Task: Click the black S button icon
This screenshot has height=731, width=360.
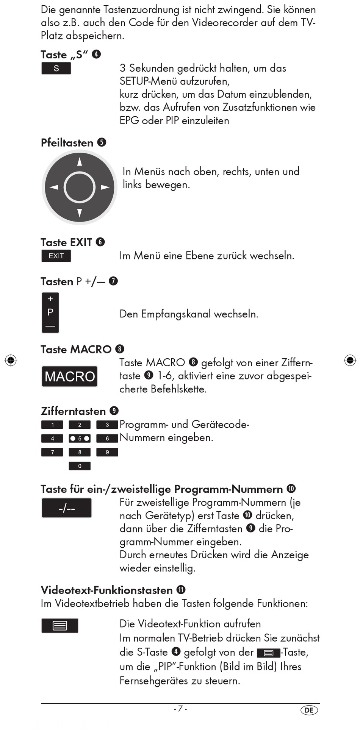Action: click(x=56, y=69)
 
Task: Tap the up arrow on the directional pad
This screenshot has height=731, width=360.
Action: click(x=80, y=162)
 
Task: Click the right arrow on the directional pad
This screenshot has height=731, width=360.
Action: click(x=105, y=187)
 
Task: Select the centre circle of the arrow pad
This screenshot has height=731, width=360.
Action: click(x=80, y=187)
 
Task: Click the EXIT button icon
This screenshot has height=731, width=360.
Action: click(x=56, y=256)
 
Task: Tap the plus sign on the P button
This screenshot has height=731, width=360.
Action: click(x=50, y=299)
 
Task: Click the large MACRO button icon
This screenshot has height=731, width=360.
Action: click(x=70, y=376)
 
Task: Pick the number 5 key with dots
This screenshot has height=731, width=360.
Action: click(x=80, y=439)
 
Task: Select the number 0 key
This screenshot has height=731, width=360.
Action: click(x=80, y=466)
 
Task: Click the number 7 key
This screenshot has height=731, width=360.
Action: click(x=52, y=452)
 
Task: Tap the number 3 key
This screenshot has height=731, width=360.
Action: click(x=107, y=425)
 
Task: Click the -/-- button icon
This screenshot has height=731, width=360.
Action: click(x=67, y=508)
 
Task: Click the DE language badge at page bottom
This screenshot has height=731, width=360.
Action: click(x=309, y=710)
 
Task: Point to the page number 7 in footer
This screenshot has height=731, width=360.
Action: click(x=180, y=709)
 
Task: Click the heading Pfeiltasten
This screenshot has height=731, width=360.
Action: click(x=67, y=143)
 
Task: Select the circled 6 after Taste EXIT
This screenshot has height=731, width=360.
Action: click(x=100, y=242)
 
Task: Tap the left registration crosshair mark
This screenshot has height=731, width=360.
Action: click(x=11, y=360)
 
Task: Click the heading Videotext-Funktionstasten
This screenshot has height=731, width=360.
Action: click(x=106, y=590)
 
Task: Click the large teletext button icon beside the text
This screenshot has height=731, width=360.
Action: click(x=60, y=626)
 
